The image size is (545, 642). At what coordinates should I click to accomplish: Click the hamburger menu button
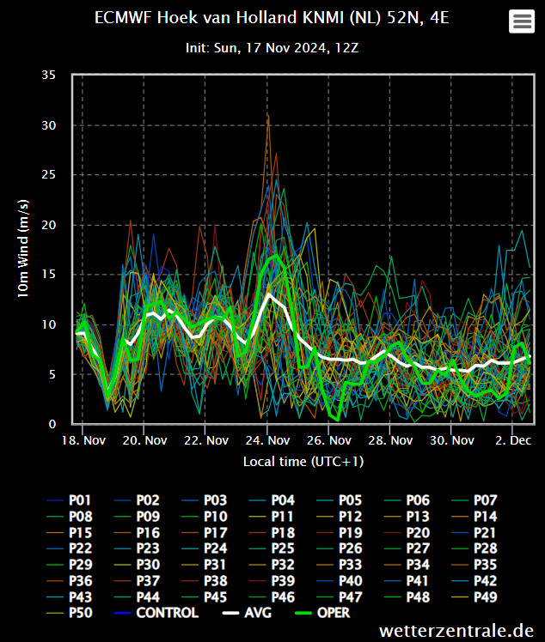522,21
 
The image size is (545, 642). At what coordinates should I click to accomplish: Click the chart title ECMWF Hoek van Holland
272,18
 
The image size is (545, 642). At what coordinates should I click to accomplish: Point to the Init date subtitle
272,48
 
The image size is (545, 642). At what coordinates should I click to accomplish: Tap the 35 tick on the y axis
49,75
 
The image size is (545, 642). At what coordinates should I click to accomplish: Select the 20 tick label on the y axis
49,225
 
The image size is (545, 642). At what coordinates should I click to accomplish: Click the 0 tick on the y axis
52,424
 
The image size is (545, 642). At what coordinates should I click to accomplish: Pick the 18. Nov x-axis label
83,440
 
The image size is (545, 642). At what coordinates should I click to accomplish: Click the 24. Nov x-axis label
268,440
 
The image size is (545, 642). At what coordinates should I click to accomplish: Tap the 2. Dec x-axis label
513,440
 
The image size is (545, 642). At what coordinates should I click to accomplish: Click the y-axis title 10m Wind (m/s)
23,249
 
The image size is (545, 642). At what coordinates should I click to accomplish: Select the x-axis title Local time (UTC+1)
303,462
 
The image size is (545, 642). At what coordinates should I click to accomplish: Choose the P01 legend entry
69,500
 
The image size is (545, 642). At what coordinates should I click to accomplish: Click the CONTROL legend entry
156,613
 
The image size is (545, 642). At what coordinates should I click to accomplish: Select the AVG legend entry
247,613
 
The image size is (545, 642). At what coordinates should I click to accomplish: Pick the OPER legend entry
322,613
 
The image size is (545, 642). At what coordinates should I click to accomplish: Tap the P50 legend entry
70,613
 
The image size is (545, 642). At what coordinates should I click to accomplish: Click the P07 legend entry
475,500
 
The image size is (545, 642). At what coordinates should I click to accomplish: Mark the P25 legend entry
272,548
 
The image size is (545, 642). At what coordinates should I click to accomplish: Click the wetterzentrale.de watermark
456,631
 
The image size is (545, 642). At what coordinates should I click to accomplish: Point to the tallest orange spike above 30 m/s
268,116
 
